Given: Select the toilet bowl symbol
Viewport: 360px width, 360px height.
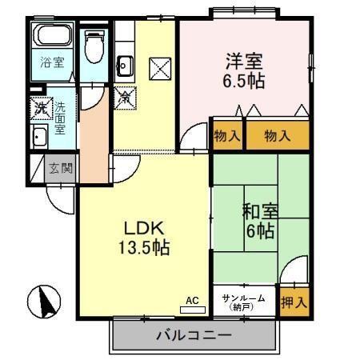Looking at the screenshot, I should [95, 46].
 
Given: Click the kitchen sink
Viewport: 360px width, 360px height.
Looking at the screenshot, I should [124, 63].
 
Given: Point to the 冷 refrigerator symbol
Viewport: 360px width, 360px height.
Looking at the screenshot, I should [125, 99].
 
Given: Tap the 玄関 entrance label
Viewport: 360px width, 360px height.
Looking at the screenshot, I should [58, 168].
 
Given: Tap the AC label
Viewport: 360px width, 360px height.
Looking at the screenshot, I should [192, 300].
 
